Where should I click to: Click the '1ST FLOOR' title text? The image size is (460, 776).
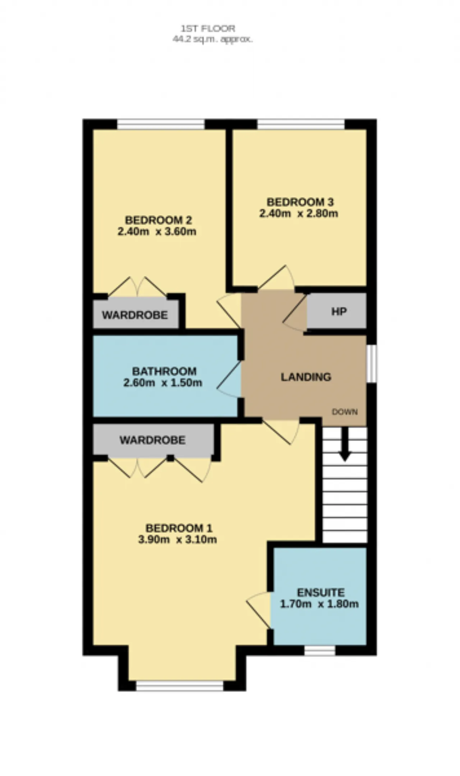coord(208,28)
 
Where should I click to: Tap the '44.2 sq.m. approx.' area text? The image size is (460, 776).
coord(212,39)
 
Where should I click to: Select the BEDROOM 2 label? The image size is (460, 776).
coord(158,220)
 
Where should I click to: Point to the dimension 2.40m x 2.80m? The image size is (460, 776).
coord(299,213)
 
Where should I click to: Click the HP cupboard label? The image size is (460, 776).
coord(339,311)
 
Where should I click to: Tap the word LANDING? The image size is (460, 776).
coord(306,377)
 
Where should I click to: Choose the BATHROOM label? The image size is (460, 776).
coord(164,371)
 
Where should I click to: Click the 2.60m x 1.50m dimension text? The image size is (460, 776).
coord(163,382)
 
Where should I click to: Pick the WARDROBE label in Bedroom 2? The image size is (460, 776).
coord(135,315)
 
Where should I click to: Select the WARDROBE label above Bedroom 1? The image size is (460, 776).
coord(152,440)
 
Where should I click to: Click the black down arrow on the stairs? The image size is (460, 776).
coord(345,445)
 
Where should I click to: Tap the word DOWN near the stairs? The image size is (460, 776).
coord(345,412)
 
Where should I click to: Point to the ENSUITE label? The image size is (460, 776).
coord(321,592)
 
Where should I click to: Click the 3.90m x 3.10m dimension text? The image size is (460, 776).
coord(178,540)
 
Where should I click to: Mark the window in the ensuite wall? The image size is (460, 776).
coord(320,650)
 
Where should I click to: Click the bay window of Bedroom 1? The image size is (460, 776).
coord(180,686)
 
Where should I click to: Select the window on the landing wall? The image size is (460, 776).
coord(372,363)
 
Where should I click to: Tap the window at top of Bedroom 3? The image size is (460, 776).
coord(301,124)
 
